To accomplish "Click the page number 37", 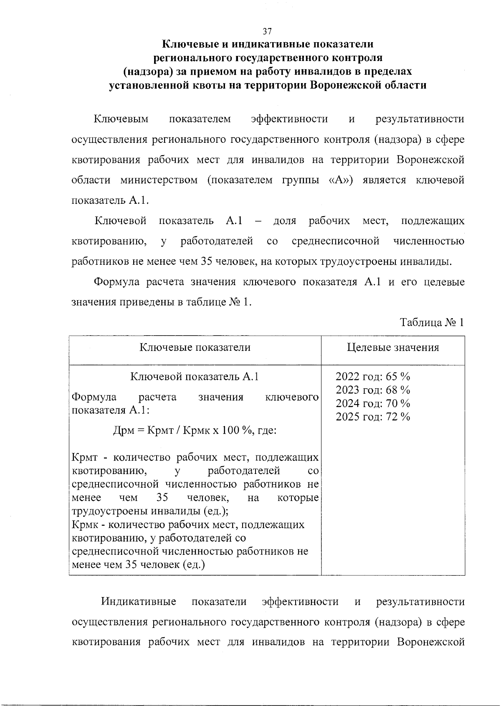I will pos(267,31).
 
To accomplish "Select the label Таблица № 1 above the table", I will pos(432,322).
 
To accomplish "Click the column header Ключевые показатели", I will pos(195,347).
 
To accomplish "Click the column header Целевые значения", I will pos(393,347).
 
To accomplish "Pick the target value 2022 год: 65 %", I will pos(373,377).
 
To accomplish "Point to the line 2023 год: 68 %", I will pos(373,390).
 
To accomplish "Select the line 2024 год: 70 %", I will pos(373,403).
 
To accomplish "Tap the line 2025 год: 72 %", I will pos(373,417).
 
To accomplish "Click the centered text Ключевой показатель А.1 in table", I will pos(195,377).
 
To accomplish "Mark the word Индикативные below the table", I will pos(139,602).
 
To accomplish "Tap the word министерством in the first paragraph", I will pos(159,180).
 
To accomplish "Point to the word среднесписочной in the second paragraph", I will pos(336,241).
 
